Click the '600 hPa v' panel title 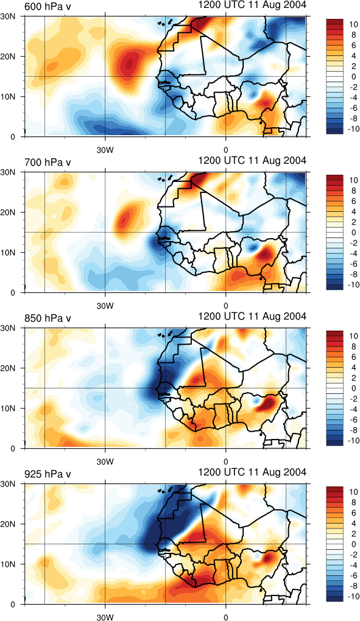pos(48,7)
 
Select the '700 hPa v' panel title pos(48,163)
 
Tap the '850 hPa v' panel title pos(48,318)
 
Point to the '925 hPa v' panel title pos(48,474)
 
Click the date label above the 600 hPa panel pos(252,5)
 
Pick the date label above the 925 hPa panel pos(252,472)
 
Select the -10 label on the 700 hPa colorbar pos(351,285)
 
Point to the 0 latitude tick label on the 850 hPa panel pos(19,449)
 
